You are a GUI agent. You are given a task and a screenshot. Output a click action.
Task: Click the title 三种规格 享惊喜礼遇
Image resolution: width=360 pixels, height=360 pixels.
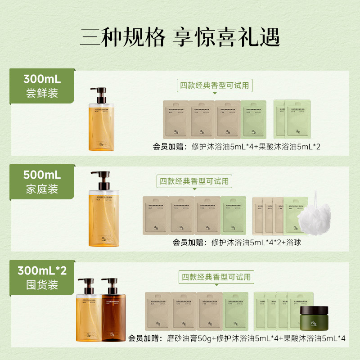click(180, 38)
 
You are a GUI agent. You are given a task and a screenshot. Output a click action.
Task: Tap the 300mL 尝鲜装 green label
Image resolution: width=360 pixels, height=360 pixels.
click(42, 87)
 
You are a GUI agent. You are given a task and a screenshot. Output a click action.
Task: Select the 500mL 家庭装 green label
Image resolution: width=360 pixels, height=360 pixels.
click(42, 181)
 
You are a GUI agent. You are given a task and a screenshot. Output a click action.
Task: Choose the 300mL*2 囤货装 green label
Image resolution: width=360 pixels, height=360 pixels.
click(42, 277)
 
